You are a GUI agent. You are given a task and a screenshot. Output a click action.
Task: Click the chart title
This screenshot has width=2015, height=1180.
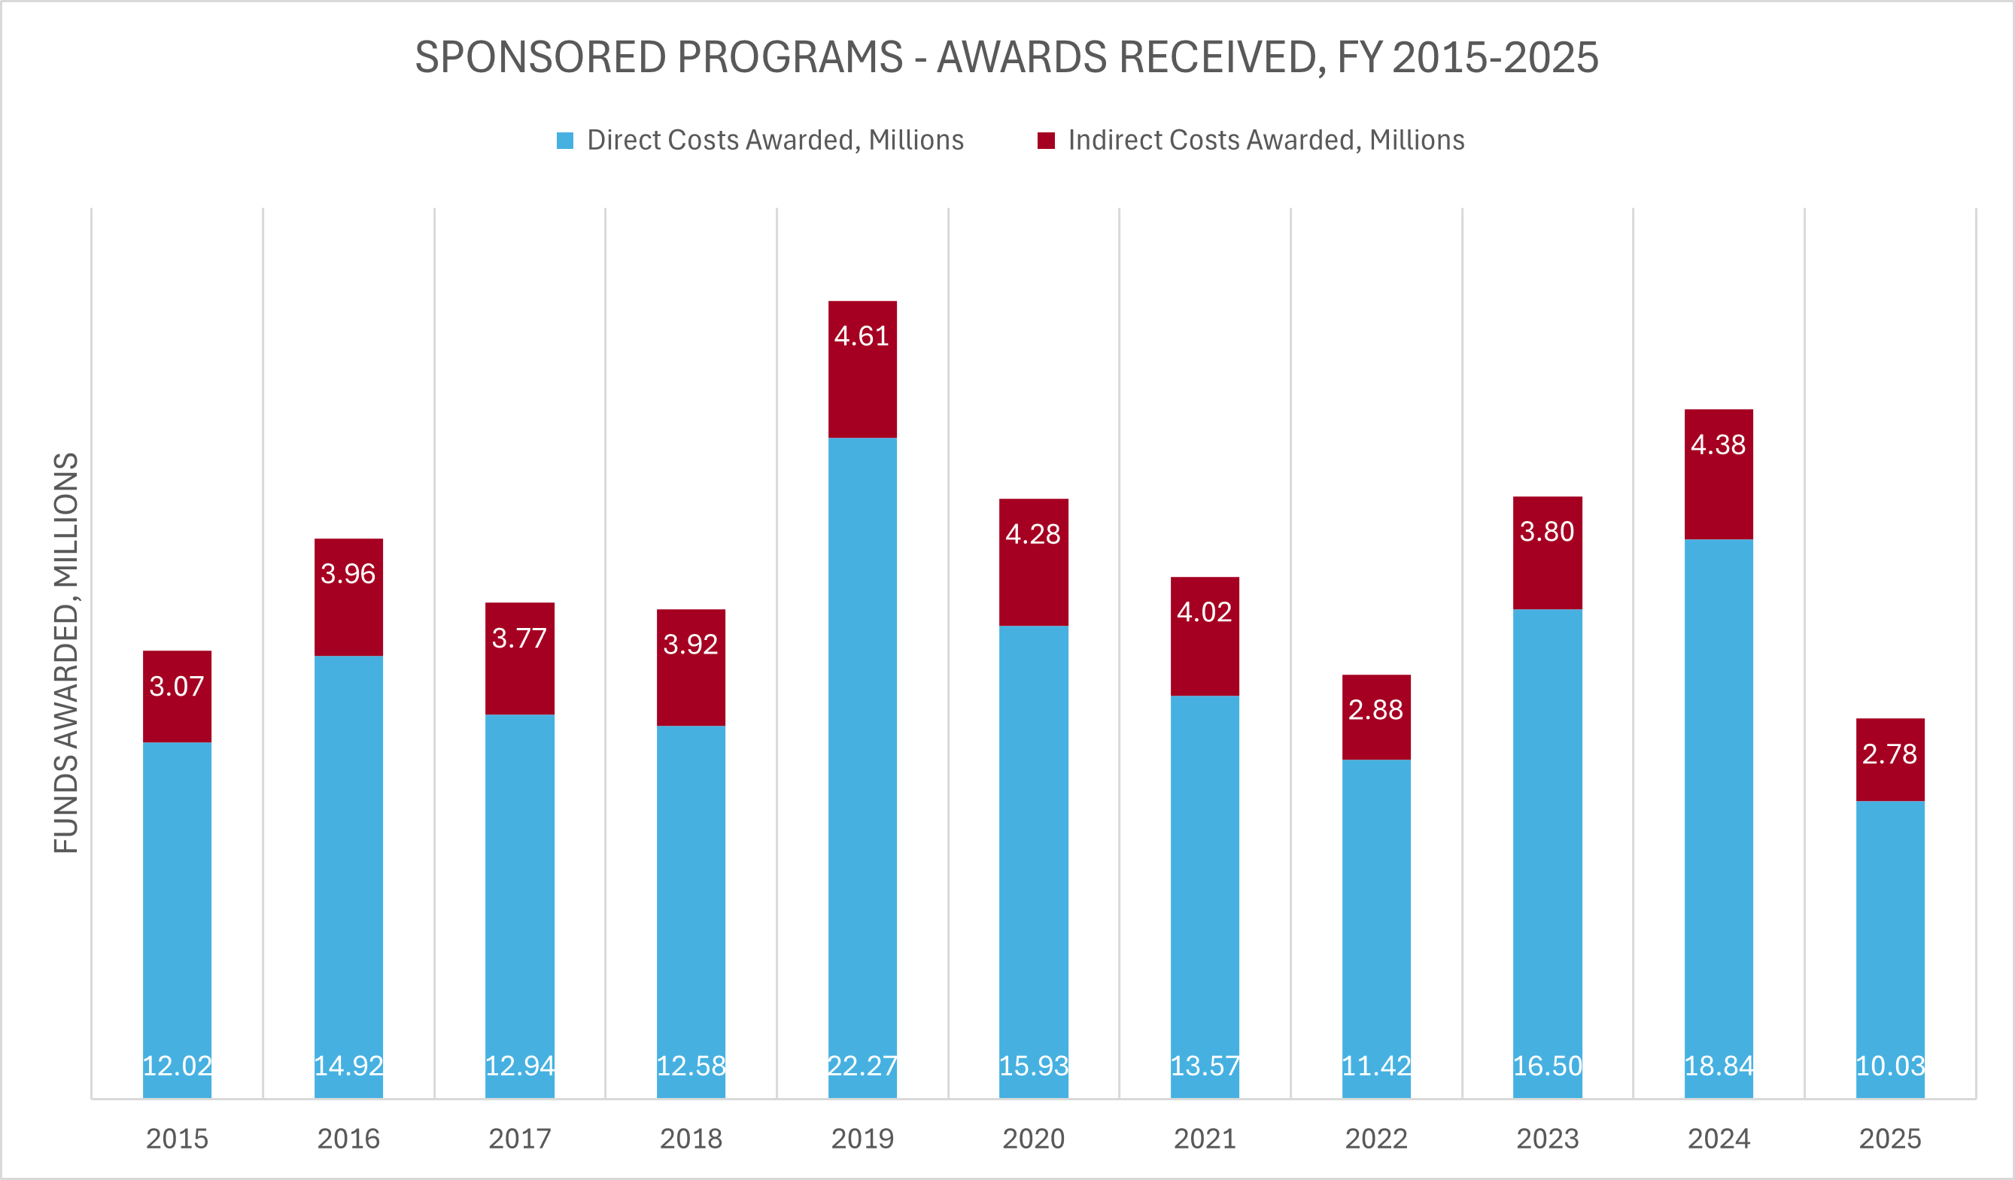coord(1006,58)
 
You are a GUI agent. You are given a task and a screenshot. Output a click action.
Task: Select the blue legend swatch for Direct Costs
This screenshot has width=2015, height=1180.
coord(564,141)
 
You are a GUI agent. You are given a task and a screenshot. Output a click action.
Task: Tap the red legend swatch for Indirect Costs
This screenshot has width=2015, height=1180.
coord(1046,141)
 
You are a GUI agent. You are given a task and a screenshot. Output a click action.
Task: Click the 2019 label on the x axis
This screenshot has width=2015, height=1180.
coord(862,1139)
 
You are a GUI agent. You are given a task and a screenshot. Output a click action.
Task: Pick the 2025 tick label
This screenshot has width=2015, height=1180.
coord(1889,1139)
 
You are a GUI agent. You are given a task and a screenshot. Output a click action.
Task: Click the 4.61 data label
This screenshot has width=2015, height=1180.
coord(862,335)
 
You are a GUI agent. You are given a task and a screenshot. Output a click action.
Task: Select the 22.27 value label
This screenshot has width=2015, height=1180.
coord(862,1066)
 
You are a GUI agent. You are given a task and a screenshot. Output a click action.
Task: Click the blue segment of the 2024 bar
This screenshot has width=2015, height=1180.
coord(1719,799)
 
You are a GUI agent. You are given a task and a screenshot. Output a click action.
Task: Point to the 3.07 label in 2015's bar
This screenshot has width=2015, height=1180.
coord(177,686)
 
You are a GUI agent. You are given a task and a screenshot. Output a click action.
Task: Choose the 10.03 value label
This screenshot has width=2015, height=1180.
coord(1889,1066)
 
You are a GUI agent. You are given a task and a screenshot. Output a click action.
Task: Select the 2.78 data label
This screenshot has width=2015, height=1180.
coord(1889,754)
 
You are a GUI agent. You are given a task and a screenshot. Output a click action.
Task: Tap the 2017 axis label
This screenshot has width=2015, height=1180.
coord(520,1139)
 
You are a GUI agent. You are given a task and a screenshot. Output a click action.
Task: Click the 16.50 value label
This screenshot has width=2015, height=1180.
coord(1547,1066)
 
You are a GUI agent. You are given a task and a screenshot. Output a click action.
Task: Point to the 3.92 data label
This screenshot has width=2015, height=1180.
coord(691,645)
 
